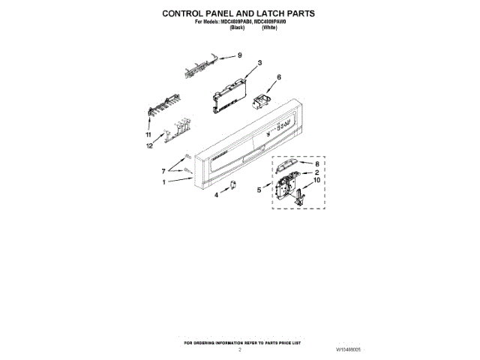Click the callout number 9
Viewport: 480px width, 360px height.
(240, 55)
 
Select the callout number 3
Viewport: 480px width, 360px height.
(259, 63)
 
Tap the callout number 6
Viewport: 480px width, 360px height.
(279, 77)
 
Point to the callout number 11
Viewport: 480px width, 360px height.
(148, 134)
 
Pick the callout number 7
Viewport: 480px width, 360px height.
(163, 172)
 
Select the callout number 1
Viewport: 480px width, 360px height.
(163, 181)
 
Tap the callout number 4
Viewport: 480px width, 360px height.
(217, 195)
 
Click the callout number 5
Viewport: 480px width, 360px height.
(259, 190)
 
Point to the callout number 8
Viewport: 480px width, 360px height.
(316, 163)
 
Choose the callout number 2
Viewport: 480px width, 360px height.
(316, 172)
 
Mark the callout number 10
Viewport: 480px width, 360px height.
(316, 181)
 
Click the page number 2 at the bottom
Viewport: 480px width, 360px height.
(240, 349)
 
